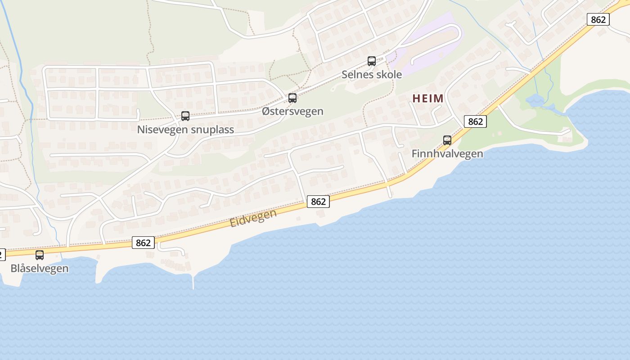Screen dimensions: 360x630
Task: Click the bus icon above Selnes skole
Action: [x=372, y=61]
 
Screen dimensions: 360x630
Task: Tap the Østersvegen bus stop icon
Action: [x=292, y=98]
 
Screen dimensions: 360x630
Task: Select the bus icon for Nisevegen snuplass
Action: [x=185, y=116]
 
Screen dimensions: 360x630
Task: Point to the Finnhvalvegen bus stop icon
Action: [x=447, y=140]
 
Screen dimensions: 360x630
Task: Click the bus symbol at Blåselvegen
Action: [x=40, y=255]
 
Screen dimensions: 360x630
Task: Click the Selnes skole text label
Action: [x=371, y=74]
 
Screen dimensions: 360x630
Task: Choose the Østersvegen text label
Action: [x=292, y=111]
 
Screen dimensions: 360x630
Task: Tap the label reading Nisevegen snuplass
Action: [x=185, y=130]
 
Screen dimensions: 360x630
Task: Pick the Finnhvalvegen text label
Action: [x=447, y=154]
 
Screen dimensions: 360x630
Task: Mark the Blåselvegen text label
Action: [x=40, y=269]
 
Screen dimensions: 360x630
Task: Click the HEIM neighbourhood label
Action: [x=428, y=99]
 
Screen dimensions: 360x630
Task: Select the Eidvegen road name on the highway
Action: [x=253, y=218]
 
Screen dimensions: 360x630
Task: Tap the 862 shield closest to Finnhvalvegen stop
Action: [x=475, y=121]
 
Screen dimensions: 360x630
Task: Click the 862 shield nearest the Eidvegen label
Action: [x=318, y=202]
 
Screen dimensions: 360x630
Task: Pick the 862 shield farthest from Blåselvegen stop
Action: [x=598, y=19]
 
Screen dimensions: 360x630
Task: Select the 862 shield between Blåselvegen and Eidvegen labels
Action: [x=143, y=243]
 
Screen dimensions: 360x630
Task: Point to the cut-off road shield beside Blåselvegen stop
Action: [x=2, y=255]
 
